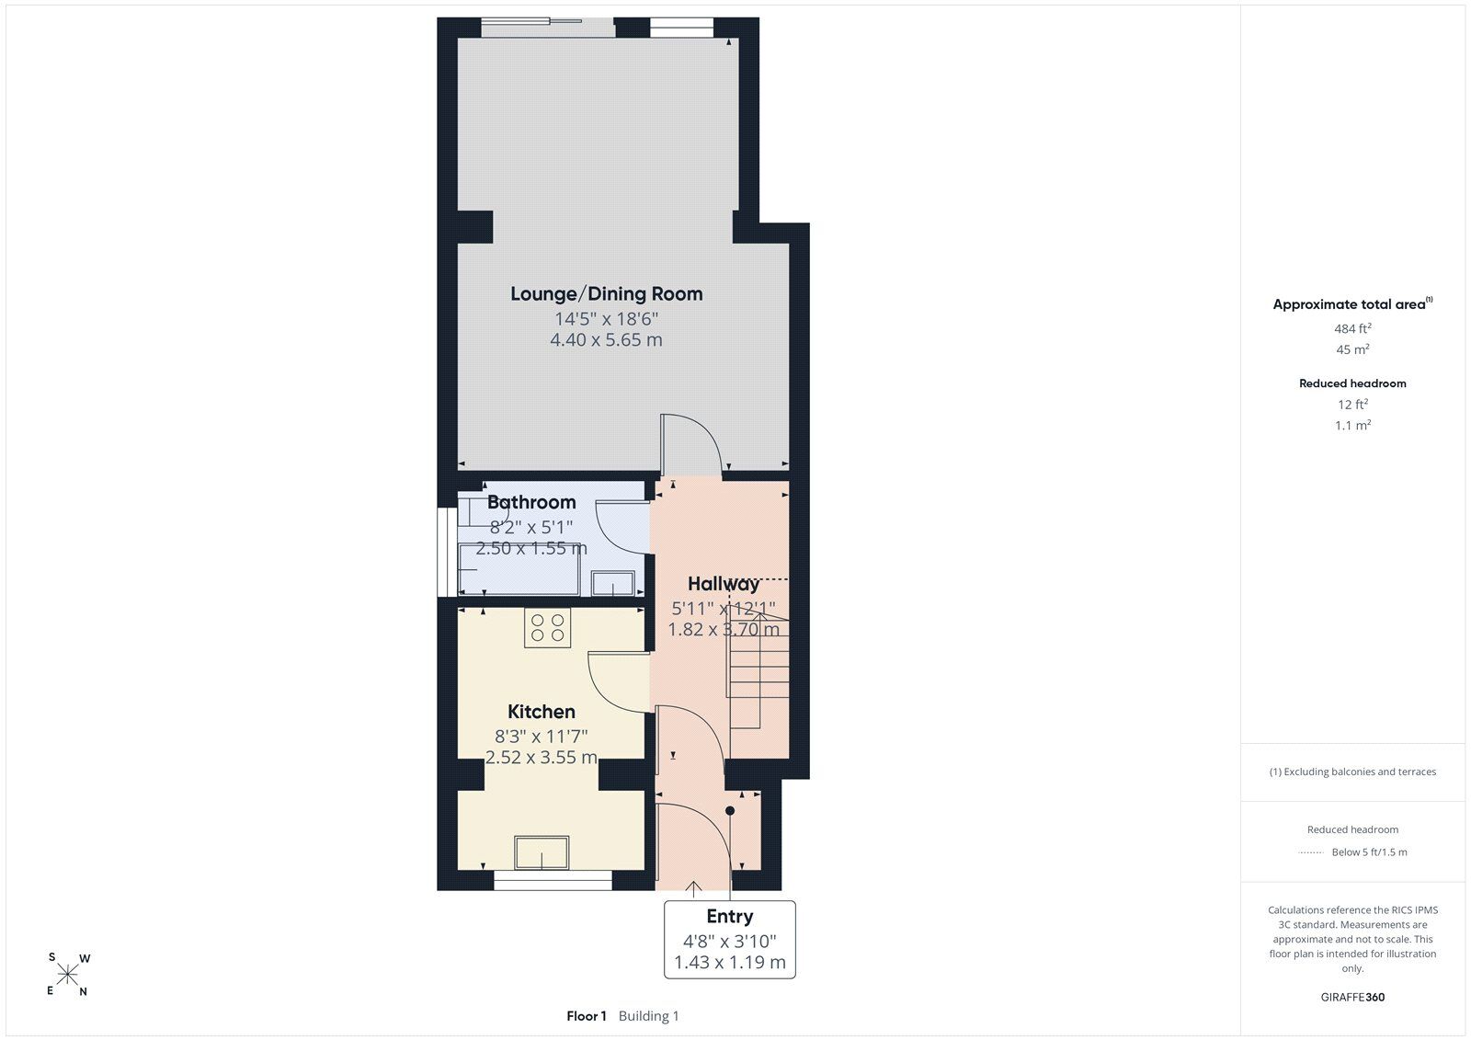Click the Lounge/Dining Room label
click(x=606, y=293)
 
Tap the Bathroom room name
click(x=531, y=502)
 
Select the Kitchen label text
click(x=542, y=712)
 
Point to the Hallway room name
click(x=723, y=584)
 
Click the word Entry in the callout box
click(x=730, y=916)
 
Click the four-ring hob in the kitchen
click(x=547, y=627)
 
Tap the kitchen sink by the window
click(x=542, y=852)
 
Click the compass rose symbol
click(x=68, y=975)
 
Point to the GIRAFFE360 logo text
click(x=1352, y=997)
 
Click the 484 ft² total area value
click(x=1352, y=328)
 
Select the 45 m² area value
click(x=1352, y=349)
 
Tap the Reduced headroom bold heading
click(x=1352, y=383)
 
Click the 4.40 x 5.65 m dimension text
click(x=606, y=339)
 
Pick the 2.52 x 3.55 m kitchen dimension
click(x=542, y=757)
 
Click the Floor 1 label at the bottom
click(x=587, y=1016)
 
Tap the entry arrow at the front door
click(x=693, y=889)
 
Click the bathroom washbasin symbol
click(x=612, y=583)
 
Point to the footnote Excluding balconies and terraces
click(x=1352, y=771)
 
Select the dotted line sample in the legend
click(x=1311, y=852)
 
